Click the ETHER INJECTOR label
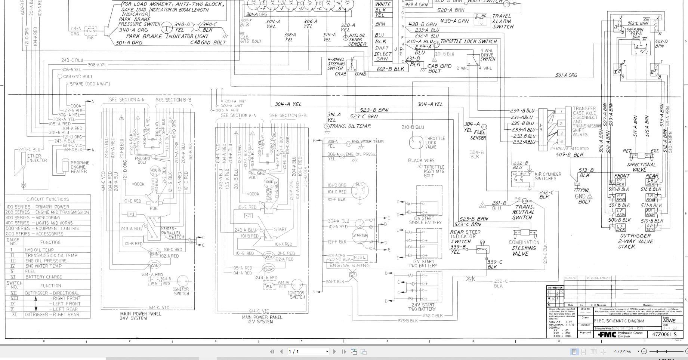(37, 158)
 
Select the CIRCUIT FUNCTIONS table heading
(47, 199)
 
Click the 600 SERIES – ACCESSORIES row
(34, 234)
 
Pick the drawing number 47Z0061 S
(664, 334)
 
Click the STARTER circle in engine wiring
(360, 235)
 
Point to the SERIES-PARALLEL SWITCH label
(172, 233)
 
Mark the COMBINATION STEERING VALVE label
(524, 248)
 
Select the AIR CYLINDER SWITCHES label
(548, 176)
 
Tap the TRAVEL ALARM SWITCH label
(502, 21)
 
